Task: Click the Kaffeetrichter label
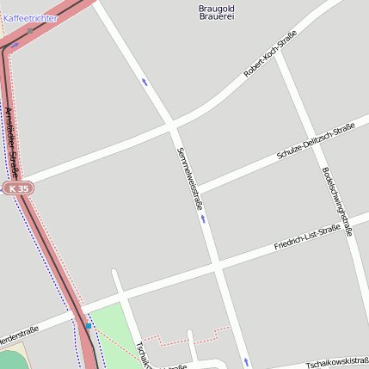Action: [x=31, y=17]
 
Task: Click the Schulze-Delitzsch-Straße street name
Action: [x=316, y=141]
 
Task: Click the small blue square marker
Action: [x=88, y=326]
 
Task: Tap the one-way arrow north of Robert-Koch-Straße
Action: [x=145, y=83]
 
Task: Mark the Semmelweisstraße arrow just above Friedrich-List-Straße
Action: [x=203, y=218]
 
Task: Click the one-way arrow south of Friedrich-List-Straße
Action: [x=246, y=360]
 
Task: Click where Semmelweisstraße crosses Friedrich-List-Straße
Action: [x=215, y=260]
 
